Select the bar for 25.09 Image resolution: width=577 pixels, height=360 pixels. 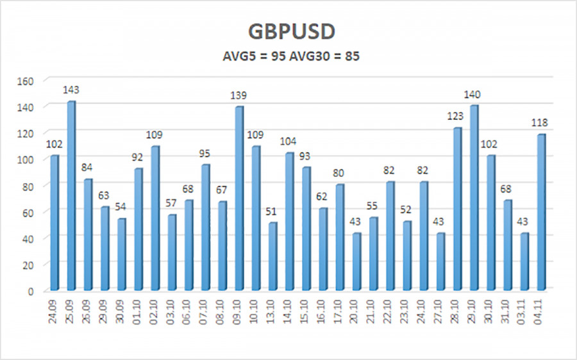tap(71, 195)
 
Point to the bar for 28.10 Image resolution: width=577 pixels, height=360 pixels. tap(457, 208)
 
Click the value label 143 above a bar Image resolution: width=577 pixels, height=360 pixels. tap(71, 90)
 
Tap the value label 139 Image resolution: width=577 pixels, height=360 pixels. tap(239, 95)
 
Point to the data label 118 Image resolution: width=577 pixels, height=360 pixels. tap(541, 123)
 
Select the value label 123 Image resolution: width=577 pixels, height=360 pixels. tap(457, 117)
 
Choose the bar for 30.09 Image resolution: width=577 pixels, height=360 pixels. tap(121, 254)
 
